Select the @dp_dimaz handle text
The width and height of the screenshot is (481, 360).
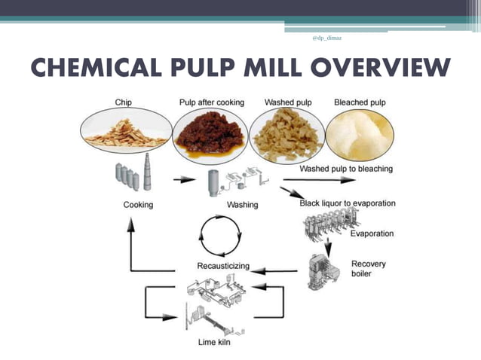(326, 38)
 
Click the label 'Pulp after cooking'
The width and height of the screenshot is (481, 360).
(211, 102)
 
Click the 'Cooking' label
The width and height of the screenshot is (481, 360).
(139, 205)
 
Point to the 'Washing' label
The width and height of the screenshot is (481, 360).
(242, 205)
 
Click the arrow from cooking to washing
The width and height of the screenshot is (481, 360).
(182, 180)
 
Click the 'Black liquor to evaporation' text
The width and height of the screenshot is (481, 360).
(347, 203)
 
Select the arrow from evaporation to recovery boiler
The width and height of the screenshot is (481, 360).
(328, 246)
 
